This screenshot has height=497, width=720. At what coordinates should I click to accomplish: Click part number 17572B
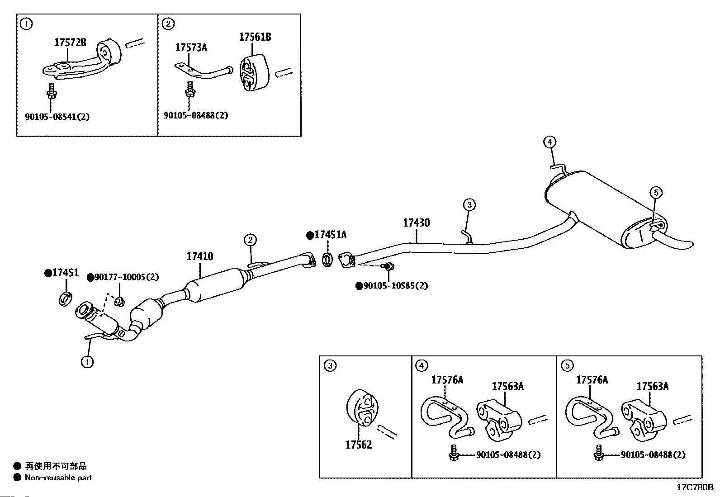(x=70, y=42)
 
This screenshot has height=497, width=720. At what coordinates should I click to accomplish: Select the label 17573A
(x=191, y=47)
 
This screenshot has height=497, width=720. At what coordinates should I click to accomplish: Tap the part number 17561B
(x=255, y=37)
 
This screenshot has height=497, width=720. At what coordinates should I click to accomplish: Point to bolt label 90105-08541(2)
(x=57, y=116)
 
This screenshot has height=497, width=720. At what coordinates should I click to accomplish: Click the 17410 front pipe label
(x=199, y=256)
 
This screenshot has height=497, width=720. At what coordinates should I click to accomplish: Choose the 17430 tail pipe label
(x=416, y=222)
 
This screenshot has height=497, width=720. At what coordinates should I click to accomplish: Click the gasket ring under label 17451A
(x=327, y=260)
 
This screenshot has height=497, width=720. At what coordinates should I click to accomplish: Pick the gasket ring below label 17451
(x=65, y=299)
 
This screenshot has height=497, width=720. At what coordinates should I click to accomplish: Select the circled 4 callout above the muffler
(x=549, y=142)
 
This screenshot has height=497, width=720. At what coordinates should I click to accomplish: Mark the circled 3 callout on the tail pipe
(x=469, y=204)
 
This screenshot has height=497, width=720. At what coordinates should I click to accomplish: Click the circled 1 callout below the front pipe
(x=87, y=362)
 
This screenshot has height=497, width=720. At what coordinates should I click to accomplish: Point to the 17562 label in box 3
(x=358, y=445)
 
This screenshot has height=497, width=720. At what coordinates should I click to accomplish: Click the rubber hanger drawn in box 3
(x=362, y=407)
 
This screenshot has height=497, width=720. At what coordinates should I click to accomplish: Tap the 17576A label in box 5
(x=592, y=380)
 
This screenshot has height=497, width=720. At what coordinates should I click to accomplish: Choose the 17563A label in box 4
(x=507, y=386)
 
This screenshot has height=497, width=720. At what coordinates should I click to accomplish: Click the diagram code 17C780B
(x=695, y=488)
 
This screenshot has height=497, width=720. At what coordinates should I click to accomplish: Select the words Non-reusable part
(x=58, y=478)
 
